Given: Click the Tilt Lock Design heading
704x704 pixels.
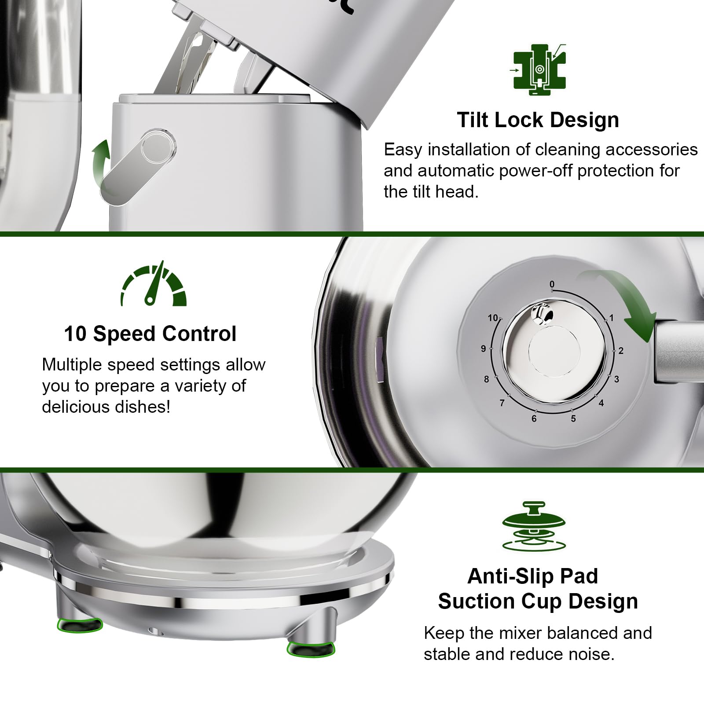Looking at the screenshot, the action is click(538, 120).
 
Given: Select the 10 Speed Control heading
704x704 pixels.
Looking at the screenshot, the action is click(150, 334).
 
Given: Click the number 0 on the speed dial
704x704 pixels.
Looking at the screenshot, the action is click(552, 284).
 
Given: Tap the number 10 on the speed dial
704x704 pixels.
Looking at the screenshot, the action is click(493, 318).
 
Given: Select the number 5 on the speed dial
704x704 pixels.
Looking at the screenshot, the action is click(573, 418).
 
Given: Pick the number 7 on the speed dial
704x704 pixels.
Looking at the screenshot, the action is click(502, 403).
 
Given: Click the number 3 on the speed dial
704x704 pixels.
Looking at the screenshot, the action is click(616, 379).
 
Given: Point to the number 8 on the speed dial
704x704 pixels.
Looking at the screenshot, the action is click(486, 379).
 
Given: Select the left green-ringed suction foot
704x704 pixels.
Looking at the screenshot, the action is click(80, 624).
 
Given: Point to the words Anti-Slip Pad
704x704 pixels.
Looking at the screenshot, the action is click(533, 576).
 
